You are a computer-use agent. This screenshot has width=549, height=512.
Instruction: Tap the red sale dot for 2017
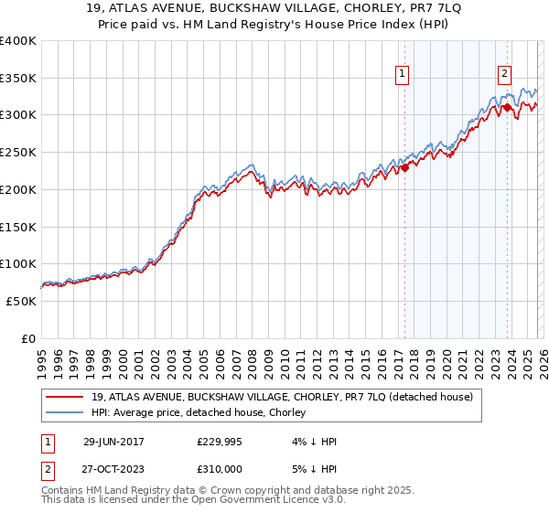pyautogui.click(x=404, y=166)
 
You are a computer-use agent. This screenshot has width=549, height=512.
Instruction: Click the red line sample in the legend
pyautogui.click(x=66, y=397)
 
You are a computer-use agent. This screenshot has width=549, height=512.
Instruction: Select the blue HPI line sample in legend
pyautogui.click(x=66, y=412)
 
